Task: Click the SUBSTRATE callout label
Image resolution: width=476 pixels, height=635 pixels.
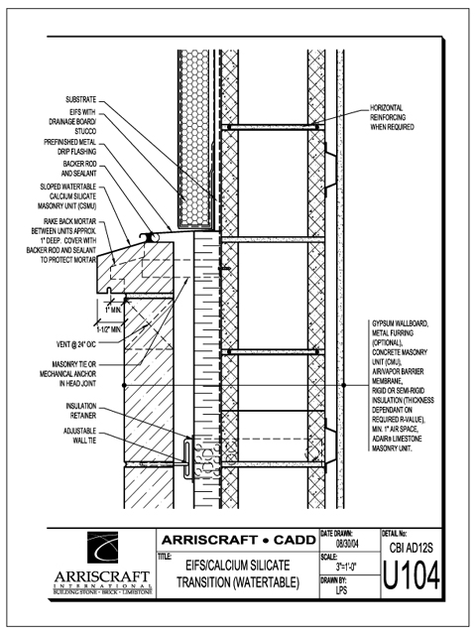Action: click(81, 99)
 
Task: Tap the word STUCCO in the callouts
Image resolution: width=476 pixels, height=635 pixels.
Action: click(85, 131)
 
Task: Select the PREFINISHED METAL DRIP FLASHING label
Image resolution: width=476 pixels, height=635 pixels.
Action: click(70, 147)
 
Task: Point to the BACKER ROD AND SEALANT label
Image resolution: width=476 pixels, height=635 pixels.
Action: click(79, 169)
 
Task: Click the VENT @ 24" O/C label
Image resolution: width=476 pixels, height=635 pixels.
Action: click(76, 344)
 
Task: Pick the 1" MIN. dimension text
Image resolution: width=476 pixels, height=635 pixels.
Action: click(113, 311)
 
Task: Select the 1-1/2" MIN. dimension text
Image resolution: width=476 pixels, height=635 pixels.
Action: click(111, 329)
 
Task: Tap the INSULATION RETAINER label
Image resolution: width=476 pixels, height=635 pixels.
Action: click(81, 411)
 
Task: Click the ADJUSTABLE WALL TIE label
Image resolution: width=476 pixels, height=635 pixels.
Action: click(79, 436)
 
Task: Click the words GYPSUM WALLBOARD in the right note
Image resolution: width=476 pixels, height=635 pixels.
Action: click(400, 323)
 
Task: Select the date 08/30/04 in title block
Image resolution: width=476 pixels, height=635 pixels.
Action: click(347, 544)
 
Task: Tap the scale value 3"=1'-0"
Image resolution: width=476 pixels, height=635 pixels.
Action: click(346, 567)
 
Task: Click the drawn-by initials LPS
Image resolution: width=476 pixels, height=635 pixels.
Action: click(341, 590)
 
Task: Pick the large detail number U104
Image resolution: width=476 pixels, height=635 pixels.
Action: click(411, 575)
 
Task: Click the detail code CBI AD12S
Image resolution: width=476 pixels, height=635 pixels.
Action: click(412, 548)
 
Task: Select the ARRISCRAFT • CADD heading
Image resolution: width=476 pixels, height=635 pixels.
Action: click(239, 540)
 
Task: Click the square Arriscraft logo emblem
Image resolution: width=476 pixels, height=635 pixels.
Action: click(103, 548)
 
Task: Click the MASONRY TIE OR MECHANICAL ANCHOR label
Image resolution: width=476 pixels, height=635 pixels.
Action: click(68, 374)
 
